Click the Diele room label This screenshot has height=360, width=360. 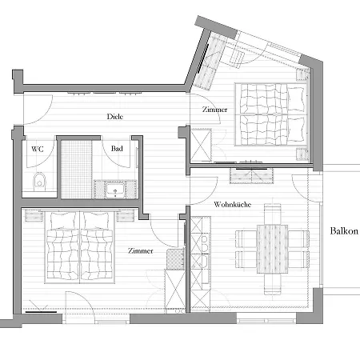pyautogui.click(x=115, y=117)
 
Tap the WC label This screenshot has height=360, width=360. pyautogui.click(x=38, y=149)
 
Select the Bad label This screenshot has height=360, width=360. pyautogui.click(x=117, y=149)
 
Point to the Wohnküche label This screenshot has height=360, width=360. pyautogui.click(x=233, y=205)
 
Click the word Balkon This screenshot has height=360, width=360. pyautogui.click(x=344, y=230)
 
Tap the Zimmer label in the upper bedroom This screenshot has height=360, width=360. pyautogui.click(x=214, y=110)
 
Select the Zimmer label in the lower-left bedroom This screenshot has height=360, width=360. pyautogui.click(x=141, y=250)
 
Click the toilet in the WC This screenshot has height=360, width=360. pyautogui.click(x=39, y=182)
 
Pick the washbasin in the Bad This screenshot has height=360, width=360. pyautogui.click(x=115, y=190)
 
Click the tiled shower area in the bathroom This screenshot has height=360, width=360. pyautogui.click(x=77, y=170)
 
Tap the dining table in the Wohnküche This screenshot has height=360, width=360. pyautogui.click(x=272, y=250)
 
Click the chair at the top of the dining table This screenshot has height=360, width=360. pyautogui.click(x=272, y=214)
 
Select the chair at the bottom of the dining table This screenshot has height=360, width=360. pyautogui.click(x=272, y=284)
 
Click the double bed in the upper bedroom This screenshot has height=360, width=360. pyautogui.click(x=271, y=114)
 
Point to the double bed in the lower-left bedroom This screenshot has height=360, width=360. pyautogui.click(x=80, y=246)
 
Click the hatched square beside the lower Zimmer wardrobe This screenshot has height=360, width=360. pyautogui.click(x=175, y=259)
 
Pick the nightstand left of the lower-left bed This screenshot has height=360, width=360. pyautogui.click(x=34, y=215)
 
